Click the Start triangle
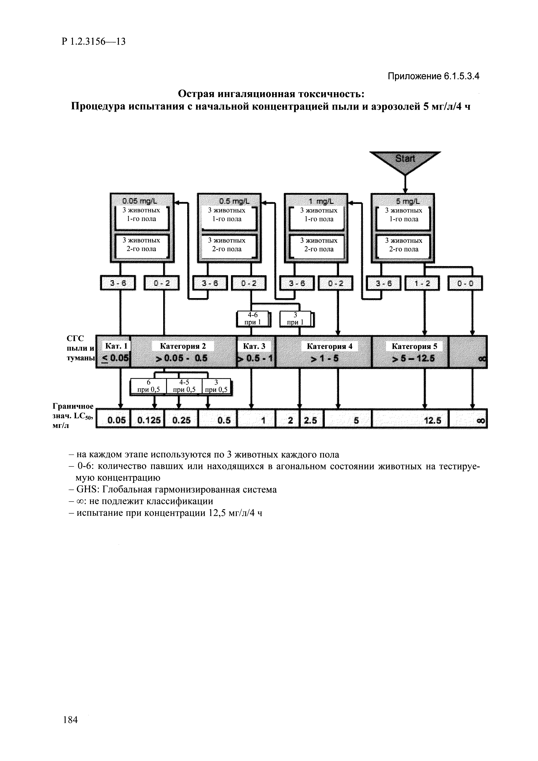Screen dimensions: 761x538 pos(405,161)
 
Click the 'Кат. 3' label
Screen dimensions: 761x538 pos(254,346)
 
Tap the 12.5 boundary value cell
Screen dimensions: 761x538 pos(410,420)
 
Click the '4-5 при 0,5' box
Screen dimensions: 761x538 pos(184,386)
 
